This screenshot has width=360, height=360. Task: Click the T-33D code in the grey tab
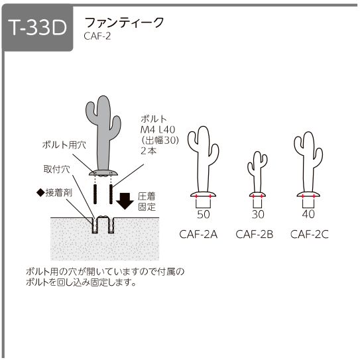pyautogui.click(x=37, y=28)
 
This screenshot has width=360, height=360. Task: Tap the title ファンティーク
pyautogui.click(x=124, y=23)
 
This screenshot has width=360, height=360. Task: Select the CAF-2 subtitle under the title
pyautogui.click(x=97, y=36)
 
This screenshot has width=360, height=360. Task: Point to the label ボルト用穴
pyautogui.click(x=64, y=145)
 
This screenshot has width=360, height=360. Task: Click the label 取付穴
pyautogui.click(x=57, y=169)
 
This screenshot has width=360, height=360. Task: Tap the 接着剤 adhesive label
pyautogui.click(x=59, y=193)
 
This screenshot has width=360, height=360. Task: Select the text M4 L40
pyautogui.click(x=158, y=130)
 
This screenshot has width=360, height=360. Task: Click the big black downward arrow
pyautogui.click(x=125, y=201)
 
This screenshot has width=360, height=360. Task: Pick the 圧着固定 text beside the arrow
pyautogui.click(x=147, y=202)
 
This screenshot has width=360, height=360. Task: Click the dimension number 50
pyautogui.click(x=204, y=214)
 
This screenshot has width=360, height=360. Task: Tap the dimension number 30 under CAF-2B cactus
pyautogui.click(x=258, y=214)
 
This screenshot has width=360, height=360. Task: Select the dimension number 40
pyautogui.click(x=308, y=214)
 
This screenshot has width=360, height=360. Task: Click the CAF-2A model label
pyautogui.click(x=198, y=235)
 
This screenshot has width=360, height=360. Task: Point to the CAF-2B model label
pyautogui.click(x=255, y=235)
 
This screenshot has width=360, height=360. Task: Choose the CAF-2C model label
pyautogui.click(x=310, y=235)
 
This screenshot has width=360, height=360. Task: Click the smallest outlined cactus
pyautogui.click(x=257, y=174)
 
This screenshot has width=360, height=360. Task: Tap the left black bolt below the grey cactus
pyautogui.click(x=95, y=194)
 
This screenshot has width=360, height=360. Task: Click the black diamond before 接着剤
pyautogui.click(x=41, y=193)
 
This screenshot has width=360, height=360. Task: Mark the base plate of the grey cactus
pyautogui.click(x=103, y=173)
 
